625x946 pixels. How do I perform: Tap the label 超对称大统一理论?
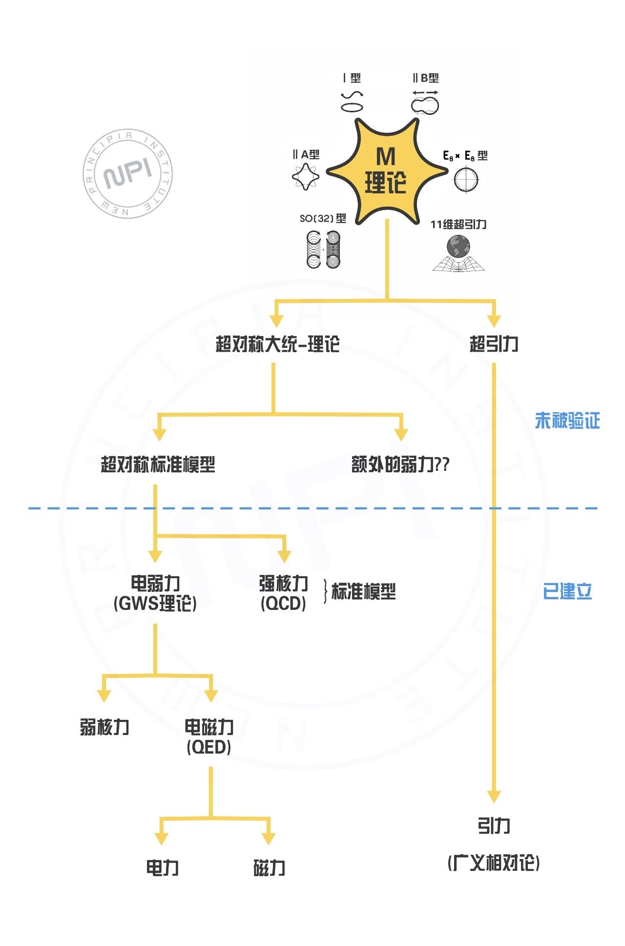277,344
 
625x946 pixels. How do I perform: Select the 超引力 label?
494,344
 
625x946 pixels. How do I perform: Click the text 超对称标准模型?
158,464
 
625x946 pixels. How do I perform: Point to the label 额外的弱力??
400,464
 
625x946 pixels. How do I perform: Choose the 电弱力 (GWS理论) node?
155,593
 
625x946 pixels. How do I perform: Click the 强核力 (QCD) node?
283,593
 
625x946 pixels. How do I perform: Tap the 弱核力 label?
104,727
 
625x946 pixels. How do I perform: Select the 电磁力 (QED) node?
209,736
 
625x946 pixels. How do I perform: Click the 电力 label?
162,868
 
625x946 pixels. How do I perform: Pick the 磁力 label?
269,868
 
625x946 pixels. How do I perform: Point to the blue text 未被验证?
567,420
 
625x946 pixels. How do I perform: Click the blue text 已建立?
567,591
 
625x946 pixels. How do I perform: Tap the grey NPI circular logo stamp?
128,174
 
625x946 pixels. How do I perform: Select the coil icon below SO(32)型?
323,250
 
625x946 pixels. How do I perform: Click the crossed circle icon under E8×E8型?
466,179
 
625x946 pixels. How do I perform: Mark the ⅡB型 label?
426,78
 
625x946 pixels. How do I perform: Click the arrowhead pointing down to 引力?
494,796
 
